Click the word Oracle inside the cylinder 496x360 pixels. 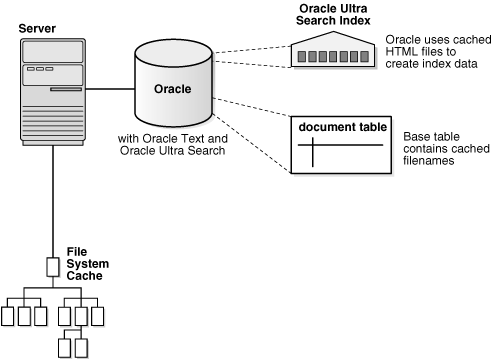click(x=171, y=88)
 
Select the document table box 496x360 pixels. click(x=337, y=145)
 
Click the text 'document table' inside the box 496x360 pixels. click(x=337, y=127)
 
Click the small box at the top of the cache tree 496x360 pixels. click(x=53, y=267)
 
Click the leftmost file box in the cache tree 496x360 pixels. click(x=10, y=316)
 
